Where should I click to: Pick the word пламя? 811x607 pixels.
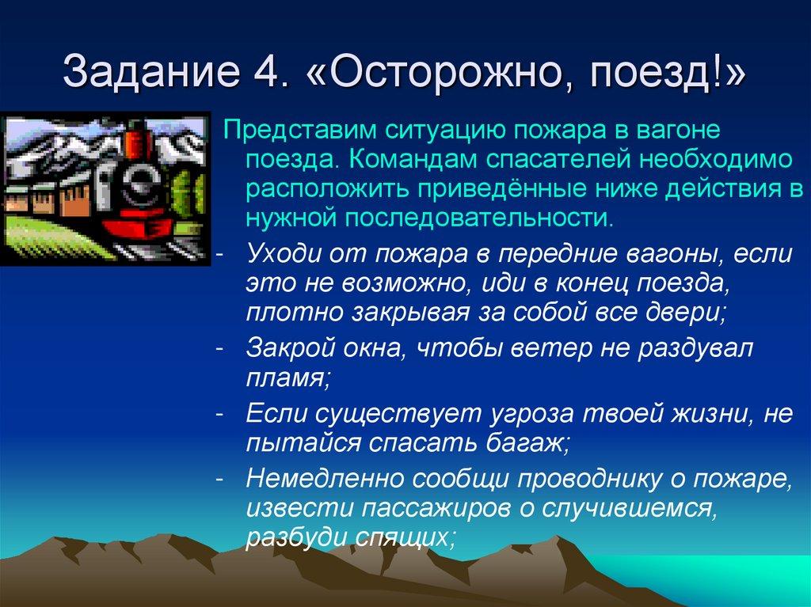point(284,378)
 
